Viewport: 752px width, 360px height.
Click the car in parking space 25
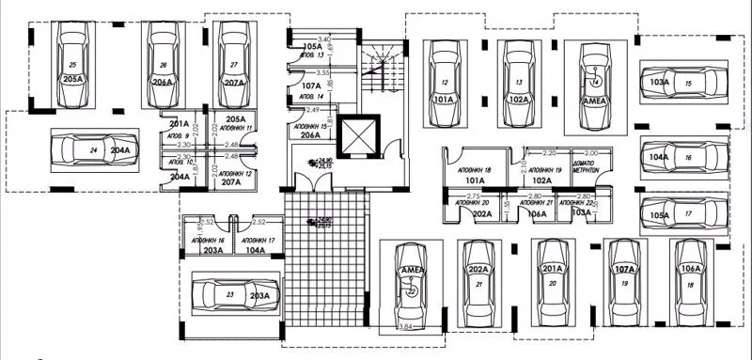point(73,63)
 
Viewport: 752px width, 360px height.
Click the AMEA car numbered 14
point(595,86)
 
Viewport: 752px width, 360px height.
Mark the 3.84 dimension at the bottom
point(406,327)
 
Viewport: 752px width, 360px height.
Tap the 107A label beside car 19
point(624,270)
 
